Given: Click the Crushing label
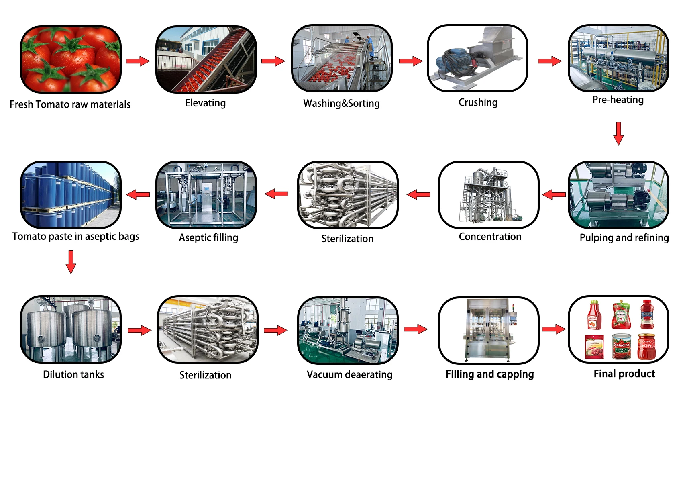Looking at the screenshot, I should click(x=478, y=103).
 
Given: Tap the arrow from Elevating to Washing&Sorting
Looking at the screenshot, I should click(x=273, y=61).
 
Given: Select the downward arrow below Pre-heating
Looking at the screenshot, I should click(x=618, y=133).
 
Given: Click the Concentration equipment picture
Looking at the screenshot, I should click(x=489, y=195).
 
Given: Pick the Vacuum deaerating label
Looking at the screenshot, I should click(x=349, y=375).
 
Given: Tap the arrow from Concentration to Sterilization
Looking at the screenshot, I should click(x=418, y=195).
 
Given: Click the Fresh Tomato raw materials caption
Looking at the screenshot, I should click(x=70, y=104).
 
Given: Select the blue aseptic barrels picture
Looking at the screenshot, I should click(x=71, y=195).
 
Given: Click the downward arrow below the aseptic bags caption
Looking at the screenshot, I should click(x=71, y=262).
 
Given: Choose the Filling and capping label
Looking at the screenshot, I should click(x=489, y=374).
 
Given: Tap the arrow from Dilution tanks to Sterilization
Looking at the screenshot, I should click(x=139, y=331).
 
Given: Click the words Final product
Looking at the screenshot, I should click(x=624, y=374).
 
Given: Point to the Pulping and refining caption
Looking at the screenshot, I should click(x=624, y=238).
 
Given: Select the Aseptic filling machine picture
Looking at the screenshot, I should click(x=206, y=195).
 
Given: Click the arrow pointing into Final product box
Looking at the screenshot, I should click(x=554, y=329).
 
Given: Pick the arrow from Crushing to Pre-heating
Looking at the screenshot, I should click(x=550, y=61).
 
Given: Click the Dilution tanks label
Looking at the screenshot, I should click(x=73, y=375).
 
